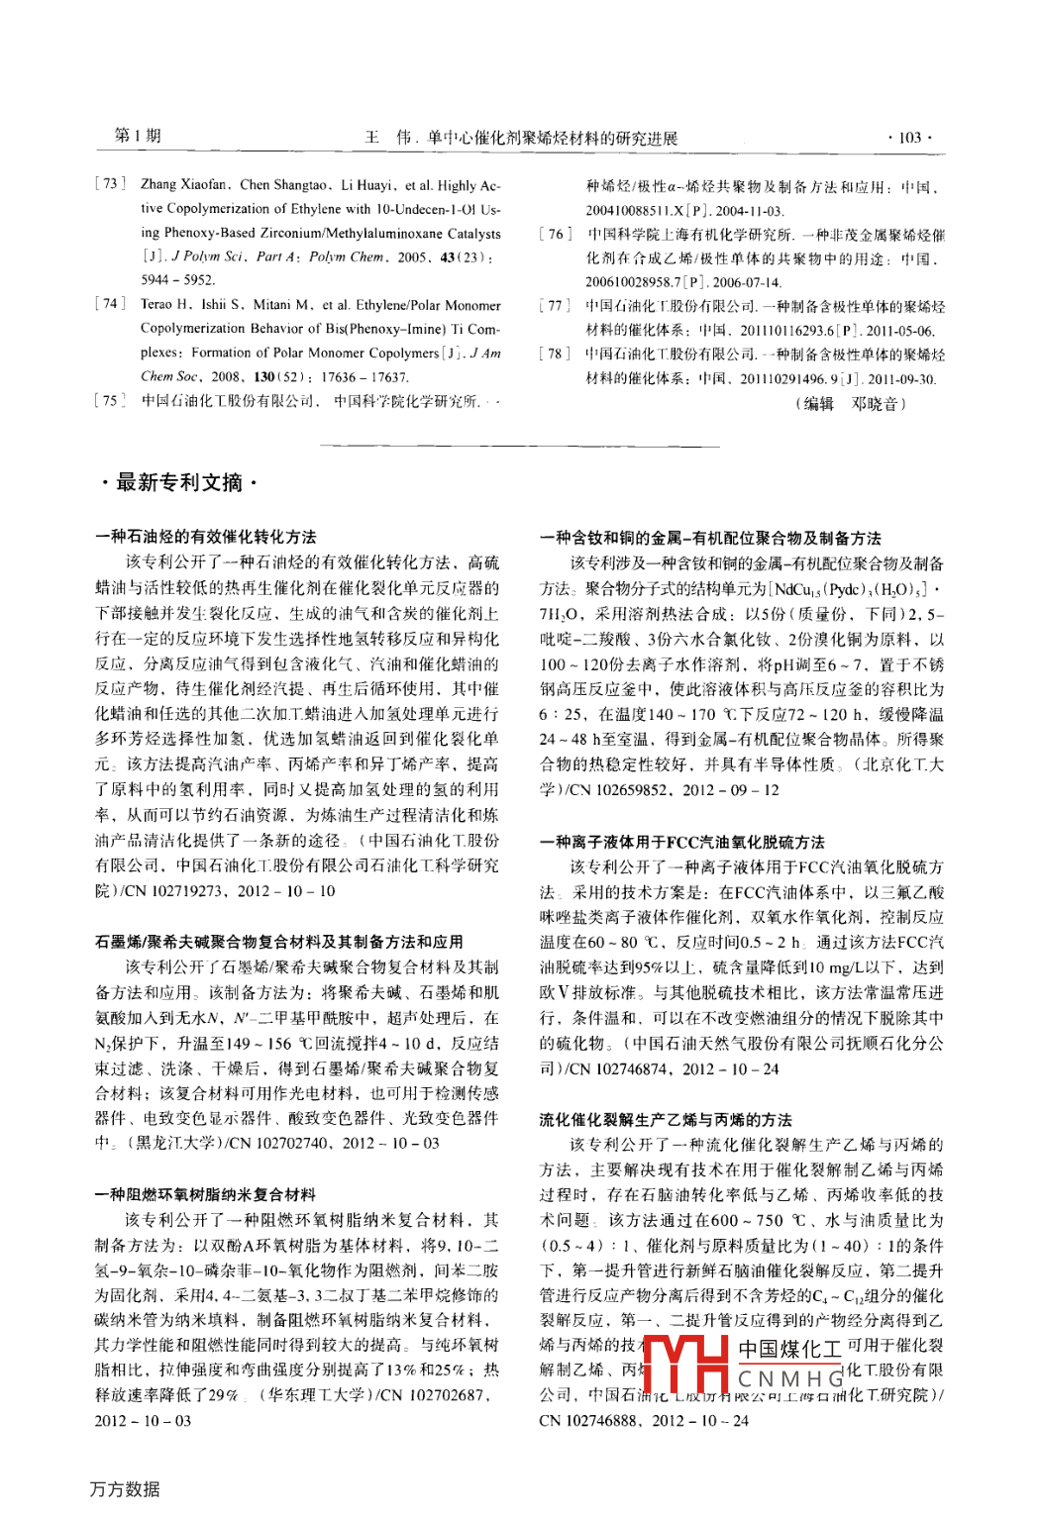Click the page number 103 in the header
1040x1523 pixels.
point(909,138)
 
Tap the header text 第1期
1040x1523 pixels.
point(138,136)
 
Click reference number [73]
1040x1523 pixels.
point(110,184)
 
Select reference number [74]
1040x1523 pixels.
point(110,304)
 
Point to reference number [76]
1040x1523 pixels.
point(555,235)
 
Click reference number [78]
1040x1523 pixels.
point(555,354)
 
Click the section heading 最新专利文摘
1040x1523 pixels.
point(178,482)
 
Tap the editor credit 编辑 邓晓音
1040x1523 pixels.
point(851,403)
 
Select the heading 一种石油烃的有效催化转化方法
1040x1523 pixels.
point(206,537)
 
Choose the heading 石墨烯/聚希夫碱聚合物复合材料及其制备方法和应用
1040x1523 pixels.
point(279,942)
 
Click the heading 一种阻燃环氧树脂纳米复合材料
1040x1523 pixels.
point(206,1194)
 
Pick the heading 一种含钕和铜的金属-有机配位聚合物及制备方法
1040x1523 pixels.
point(710,538)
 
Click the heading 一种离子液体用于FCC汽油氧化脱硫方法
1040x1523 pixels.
point(682,842)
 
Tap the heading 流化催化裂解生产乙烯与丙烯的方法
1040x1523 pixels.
point(666,1119)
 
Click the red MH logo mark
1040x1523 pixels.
point(684,1364)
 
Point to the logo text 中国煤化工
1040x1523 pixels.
point(789,1349)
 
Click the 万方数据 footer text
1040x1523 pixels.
point(125,1488)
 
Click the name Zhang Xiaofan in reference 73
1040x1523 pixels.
point(184,184)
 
